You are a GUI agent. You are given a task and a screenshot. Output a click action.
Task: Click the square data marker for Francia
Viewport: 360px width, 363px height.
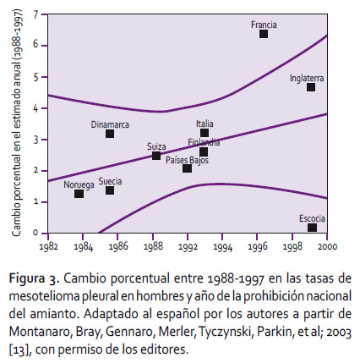tap(264, 34)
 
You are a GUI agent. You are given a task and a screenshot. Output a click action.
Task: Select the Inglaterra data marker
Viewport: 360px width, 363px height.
tap(311, 87)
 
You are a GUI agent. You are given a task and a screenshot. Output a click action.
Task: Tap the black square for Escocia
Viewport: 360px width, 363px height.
tap(312, 228)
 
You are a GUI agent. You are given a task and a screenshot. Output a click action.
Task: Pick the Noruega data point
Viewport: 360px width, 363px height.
tap(79, 194)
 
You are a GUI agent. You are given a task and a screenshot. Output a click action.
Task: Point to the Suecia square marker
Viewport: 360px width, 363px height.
tap(110, 190)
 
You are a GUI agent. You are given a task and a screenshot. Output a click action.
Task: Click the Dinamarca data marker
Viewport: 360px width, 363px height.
tap(110, 134)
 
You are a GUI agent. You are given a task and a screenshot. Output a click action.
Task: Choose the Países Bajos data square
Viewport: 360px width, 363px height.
tap(187, 168)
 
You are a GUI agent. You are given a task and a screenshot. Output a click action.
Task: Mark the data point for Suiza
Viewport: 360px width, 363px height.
tap(156, 156)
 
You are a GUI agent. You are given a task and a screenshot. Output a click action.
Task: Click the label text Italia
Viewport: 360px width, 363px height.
tap(205, 124)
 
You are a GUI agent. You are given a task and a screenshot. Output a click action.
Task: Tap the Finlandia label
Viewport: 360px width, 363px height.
tap(204, 142)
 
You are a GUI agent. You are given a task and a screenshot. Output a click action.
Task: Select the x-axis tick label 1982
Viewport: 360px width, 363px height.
tap(49, 246)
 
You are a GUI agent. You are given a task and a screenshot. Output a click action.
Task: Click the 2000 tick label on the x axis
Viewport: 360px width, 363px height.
tap(327, 246)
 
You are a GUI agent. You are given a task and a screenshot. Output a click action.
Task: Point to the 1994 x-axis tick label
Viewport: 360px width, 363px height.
tap(223, 247)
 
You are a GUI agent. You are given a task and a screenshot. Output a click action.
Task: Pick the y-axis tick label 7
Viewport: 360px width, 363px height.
tap(35, 14)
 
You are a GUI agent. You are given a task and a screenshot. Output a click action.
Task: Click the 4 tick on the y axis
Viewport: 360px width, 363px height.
tap(35, 108)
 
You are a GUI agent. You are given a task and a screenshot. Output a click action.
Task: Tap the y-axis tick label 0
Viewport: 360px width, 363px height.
tap(35, 233)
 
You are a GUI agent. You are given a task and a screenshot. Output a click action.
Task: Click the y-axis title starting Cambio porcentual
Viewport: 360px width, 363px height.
tap(16, 123)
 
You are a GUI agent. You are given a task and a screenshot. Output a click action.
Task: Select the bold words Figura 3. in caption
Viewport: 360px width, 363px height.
tap(35, 278)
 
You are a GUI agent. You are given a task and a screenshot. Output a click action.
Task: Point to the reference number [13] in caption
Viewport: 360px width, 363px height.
tap(19, 349)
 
